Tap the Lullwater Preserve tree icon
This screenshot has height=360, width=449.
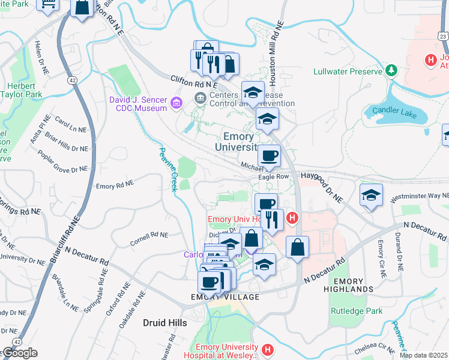(x=391, y=71)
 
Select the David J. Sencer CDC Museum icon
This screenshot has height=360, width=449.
(x=176, y=103)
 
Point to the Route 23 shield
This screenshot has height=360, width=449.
(x=442, y=37)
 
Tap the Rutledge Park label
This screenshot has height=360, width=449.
(x=356, y=311)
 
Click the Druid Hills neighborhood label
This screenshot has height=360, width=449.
(x=165, y=323)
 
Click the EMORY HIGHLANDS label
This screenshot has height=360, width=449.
(x=348, y=285)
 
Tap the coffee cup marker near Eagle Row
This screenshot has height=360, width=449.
(x=269, y=156)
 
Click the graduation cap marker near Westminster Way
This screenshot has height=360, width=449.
(x=372, y=195)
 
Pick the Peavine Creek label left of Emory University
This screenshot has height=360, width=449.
(x=167, y=169)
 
